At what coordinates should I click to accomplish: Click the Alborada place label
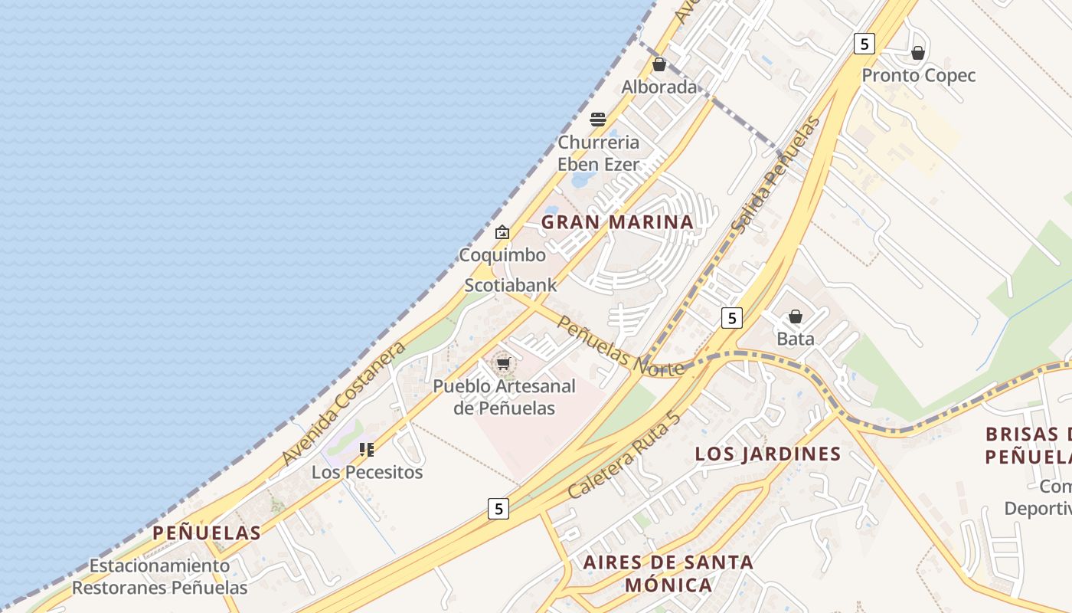point(659,87)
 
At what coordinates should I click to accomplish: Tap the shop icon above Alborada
point(659,64)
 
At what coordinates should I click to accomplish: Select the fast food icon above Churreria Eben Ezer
point(598,120)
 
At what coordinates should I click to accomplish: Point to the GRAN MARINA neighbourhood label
point(617,222)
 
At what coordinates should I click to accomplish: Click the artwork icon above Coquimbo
point(502,232)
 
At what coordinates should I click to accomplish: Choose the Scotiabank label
point(511,285)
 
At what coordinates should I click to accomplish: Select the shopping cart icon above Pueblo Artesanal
point(503,363)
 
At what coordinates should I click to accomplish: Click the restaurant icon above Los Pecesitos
point(367,450)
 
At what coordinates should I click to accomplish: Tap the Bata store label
point(796,339)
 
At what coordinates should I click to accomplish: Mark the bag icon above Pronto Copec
point(918,53)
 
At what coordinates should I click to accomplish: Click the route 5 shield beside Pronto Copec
point(864,44)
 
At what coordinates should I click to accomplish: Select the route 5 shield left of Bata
point(732,317)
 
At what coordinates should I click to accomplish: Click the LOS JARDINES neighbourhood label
point(768,454)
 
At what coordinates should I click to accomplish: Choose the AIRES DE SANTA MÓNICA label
point(668,573)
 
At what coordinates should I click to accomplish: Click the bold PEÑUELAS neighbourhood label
point(207,533)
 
